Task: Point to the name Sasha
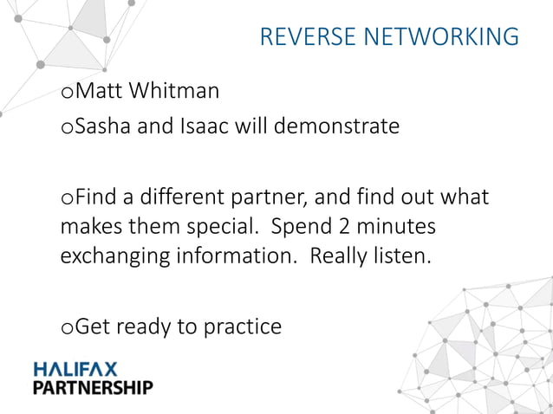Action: [101, 127]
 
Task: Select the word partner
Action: [256, 197]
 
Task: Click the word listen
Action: [402, 256]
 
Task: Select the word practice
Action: [243, 327]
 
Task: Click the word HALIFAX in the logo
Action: [75, 370]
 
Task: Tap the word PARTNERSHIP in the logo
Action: [93, 387]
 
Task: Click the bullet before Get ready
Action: [68, 328]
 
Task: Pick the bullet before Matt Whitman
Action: [68, 93]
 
